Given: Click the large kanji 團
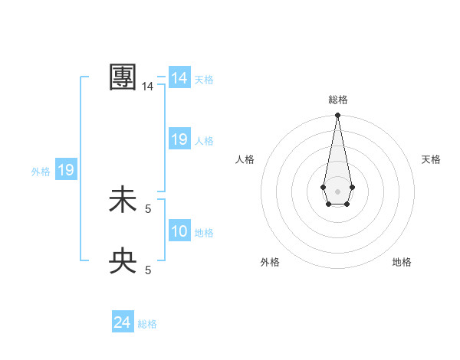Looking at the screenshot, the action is [x=123, y=77].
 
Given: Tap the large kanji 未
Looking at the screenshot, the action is [x=123, y=200].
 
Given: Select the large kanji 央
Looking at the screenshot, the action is [x=123, y=261].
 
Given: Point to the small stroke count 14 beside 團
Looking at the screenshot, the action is [x=147, y=87].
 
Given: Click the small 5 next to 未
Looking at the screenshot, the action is [x=148, y=208].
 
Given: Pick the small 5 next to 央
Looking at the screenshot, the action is [x=148, y=270].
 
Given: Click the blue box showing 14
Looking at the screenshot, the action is [x=179, y=78].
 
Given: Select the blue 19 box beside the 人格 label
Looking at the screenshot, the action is [x=179, y=139].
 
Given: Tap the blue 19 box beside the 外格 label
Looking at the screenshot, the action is [x=66, y=170].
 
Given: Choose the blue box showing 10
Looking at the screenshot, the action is [x=179, y=231].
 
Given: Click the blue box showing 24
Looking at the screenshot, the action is [x=123, y=322].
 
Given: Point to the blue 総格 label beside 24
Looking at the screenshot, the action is [x=147, y=324].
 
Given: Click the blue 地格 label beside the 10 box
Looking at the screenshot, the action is [x=204, y=233].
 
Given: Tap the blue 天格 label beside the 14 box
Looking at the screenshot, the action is [x=204, y=80].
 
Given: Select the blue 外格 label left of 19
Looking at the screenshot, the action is [x=41, y=172].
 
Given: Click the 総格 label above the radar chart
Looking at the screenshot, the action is [x=337, y=100].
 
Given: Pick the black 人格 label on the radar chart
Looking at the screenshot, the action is [x=245, y=159].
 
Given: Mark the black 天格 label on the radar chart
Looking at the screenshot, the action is [x=431, y=159].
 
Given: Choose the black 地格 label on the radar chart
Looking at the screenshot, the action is [x=402, y=262].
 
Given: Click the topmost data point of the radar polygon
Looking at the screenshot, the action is [x=337, y=116].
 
